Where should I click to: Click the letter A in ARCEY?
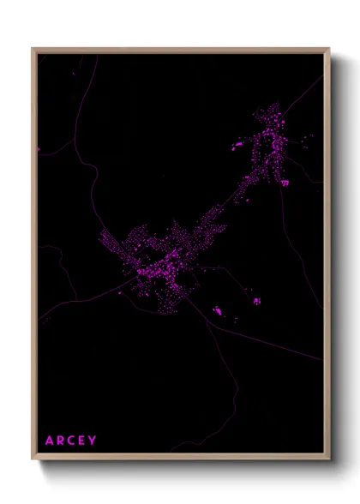(50, 441)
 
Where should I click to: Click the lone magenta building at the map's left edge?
(39, 149)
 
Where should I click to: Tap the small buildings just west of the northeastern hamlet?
(237, 146)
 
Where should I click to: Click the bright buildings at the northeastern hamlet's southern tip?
(284, 182)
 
